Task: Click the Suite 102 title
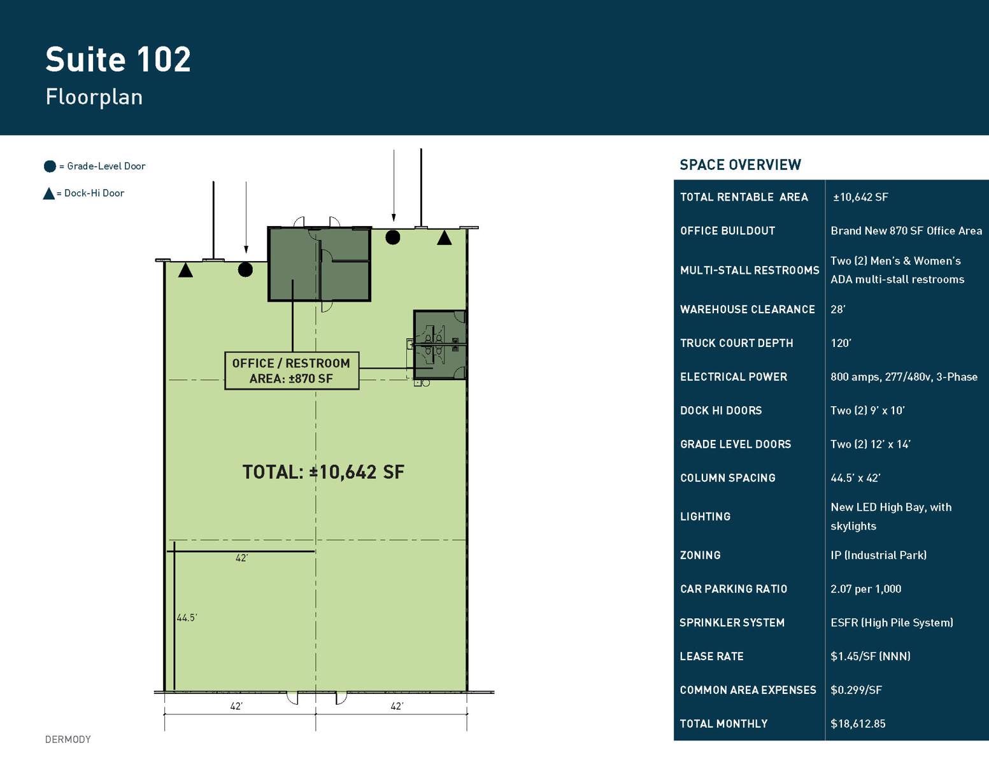[118, 60]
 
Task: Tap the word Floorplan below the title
[94, 97]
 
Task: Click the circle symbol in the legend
[50, 166]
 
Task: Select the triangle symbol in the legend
[48, 194]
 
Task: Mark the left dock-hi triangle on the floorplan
[185, 271]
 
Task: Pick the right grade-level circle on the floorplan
[393, 237]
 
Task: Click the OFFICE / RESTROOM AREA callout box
[292, 371]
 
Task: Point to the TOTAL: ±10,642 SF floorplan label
[323, 472]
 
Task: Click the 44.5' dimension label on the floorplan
[187, 618]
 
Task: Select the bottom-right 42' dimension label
[397, 706]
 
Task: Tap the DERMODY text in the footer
[68, 739]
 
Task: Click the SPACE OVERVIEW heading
[740, 165]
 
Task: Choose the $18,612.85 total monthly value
[858, 724]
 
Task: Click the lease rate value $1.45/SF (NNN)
[870, 656]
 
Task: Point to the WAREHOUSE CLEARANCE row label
[747, 309]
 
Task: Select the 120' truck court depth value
[841, 343]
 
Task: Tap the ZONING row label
[700, 555]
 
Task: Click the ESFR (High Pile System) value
[892, 623]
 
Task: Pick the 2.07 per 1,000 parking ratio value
[865, 589]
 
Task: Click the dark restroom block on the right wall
[440, 345]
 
